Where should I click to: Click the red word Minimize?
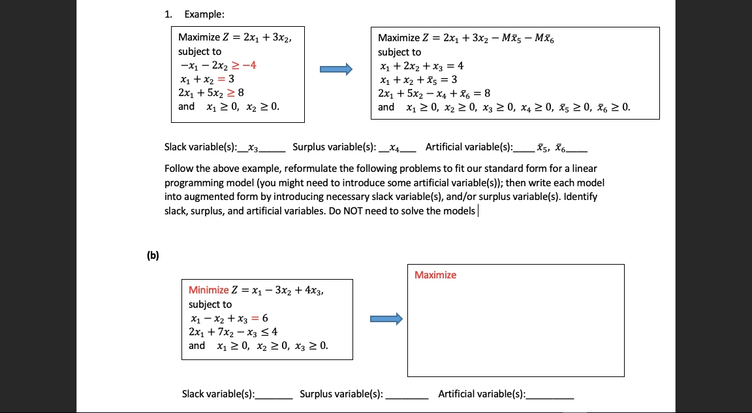pyautogui.click(x=208, y=290)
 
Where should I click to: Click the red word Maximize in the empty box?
pyautogui.click(x=435, y=275)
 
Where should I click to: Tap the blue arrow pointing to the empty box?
pyautogui.click(x=386, y=319)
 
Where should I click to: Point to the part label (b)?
pyautogui.click(x=152, y=256)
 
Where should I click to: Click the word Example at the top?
pyautogui.click(x=204, y=14)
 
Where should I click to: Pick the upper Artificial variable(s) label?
pyautogui.click(x=469, y=147)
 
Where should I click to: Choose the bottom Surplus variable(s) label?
pyautogui.click(x=341, y=393)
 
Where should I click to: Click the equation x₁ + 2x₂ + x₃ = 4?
pyautogui.click(x=421, y=66)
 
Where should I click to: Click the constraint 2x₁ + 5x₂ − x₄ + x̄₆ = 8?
pyautogui.click(x=434, y=93)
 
